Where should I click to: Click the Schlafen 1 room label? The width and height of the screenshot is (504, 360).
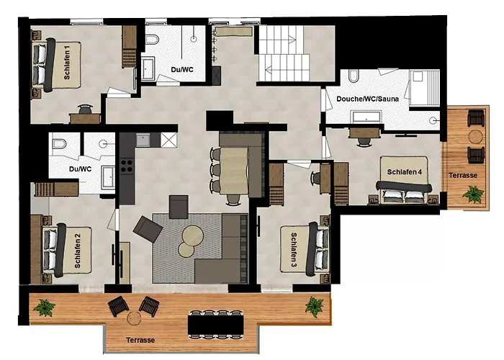[67, 63]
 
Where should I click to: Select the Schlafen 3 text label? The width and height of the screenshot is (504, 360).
[294, 250]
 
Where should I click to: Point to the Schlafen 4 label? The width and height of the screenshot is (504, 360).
[405, 172]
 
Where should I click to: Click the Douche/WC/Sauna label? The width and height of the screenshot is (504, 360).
[367, 99]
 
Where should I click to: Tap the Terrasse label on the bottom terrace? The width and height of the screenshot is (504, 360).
[140, 340]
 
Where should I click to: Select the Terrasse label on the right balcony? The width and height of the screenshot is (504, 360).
[463, 175]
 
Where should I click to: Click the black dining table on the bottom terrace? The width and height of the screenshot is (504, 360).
[216, 324]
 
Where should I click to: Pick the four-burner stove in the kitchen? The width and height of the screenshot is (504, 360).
[127, 166]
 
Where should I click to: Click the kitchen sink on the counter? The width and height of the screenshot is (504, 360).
[143, 140]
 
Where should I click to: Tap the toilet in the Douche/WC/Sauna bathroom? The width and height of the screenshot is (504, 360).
[353, 76]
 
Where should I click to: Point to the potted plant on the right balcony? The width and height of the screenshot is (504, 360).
[473, 194]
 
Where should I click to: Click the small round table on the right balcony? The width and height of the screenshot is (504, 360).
[476, 137]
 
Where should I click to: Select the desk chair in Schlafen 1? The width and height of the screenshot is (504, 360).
[85, 109]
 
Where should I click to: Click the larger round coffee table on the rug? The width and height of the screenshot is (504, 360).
[192, 235]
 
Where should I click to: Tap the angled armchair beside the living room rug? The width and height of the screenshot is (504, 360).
[148, 229]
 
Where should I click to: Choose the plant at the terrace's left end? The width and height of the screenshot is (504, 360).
[45, 307]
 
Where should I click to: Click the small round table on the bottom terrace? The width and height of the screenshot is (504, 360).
[134, 318]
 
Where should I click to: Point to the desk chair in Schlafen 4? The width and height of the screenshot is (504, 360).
[363, 141]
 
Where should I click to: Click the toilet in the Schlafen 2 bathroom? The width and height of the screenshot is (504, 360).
[59, 143]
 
